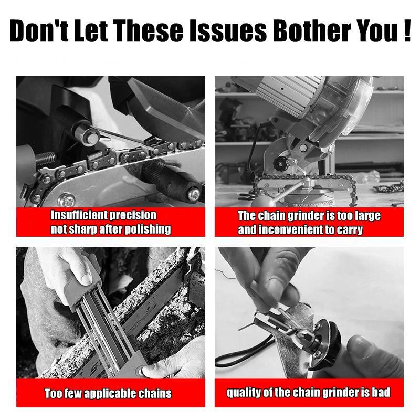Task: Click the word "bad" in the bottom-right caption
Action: [377, 393]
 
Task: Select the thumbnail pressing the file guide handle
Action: [85, 276]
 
